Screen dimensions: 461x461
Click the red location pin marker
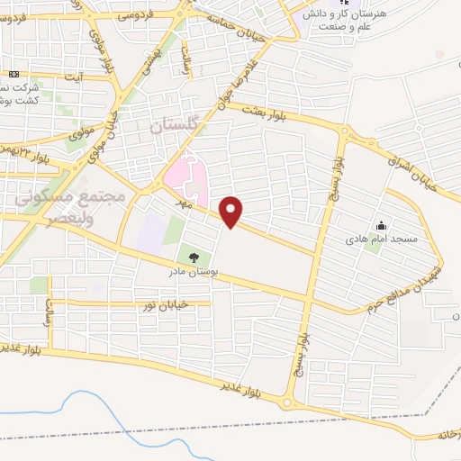[x=232, y=212]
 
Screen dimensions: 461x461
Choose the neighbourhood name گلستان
[x=171, y=127]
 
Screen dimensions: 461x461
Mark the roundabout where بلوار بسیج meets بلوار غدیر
[x=290, y=402]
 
